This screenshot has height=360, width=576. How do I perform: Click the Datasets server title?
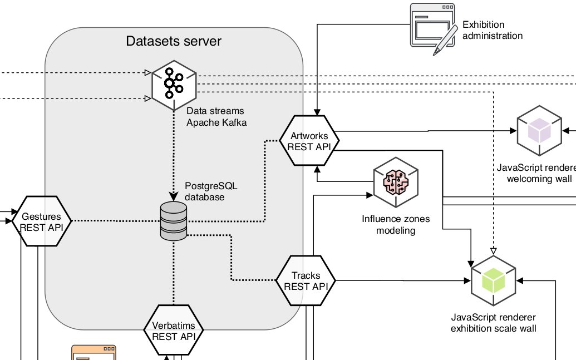[174, 41]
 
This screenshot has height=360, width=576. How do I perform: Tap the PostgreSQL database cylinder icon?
[173, 221]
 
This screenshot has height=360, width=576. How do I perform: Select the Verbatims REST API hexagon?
[173, 331]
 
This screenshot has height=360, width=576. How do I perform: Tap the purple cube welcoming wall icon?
[539, 132]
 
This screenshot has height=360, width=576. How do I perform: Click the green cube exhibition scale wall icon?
[494, 282]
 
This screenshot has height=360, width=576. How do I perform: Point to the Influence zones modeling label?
[396, 225]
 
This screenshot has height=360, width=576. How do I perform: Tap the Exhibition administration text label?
[493, 30]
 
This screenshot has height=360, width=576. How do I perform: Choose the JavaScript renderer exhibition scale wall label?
[494, 323]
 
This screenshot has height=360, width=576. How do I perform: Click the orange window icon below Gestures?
[95, 353]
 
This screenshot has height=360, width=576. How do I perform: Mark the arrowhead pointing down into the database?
[174, 196]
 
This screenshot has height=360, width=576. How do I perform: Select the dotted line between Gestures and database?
[111, 221]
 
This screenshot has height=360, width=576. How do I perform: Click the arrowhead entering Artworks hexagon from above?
[317, 111]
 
